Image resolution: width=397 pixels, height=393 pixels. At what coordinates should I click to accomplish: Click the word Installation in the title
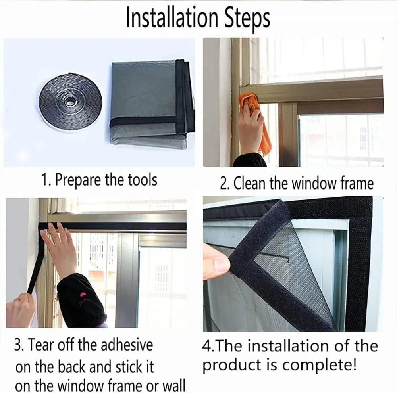pos(172,18)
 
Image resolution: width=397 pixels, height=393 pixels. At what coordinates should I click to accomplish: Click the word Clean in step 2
pos(250,183)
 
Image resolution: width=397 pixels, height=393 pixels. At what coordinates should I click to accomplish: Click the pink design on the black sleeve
pos(83,295)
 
